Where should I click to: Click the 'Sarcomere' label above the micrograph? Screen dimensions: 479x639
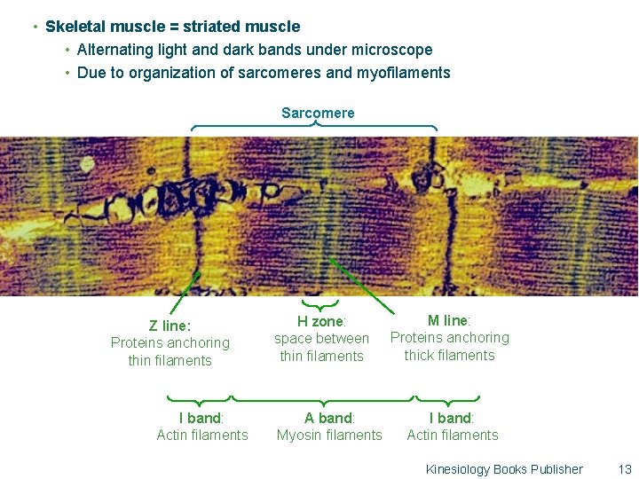click(x=317, y=113)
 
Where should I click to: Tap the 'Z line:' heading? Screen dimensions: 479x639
click(x=170, y=326)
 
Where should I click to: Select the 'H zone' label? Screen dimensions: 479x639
click(x=320, y=321)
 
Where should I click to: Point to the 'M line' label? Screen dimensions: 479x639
click(x=448, y=320)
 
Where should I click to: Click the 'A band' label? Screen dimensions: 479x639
click(x=328, y=418)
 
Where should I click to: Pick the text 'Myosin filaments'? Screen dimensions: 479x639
click(x=329, y=435)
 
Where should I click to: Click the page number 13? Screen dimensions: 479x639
click(x=624, y=469)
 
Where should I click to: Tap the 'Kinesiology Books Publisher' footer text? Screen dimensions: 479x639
click(x=504, y=469)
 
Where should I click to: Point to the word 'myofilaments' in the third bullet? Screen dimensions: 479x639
click(x=403, y=73)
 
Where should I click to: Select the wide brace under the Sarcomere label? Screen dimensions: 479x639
click(x=315, y=127)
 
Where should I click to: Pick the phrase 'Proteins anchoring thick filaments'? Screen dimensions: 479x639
click(x=449, y=346)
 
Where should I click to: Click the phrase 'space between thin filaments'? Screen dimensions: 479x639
click(x=321, y=347)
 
